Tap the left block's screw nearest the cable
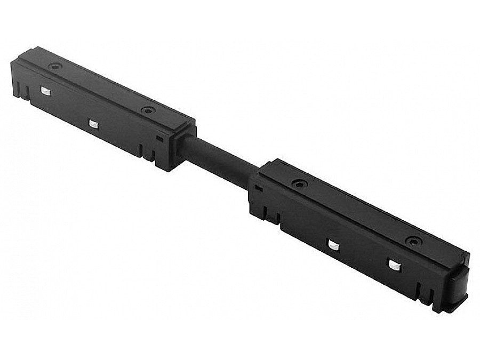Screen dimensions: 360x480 [147, 110]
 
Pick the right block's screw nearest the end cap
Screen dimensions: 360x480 [412, 241]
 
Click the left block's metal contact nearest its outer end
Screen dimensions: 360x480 [46, 92]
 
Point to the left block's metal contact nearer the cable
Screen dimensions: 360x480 [93, 124]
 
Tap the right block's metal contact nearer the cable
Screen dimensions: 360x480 [333, 244]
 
